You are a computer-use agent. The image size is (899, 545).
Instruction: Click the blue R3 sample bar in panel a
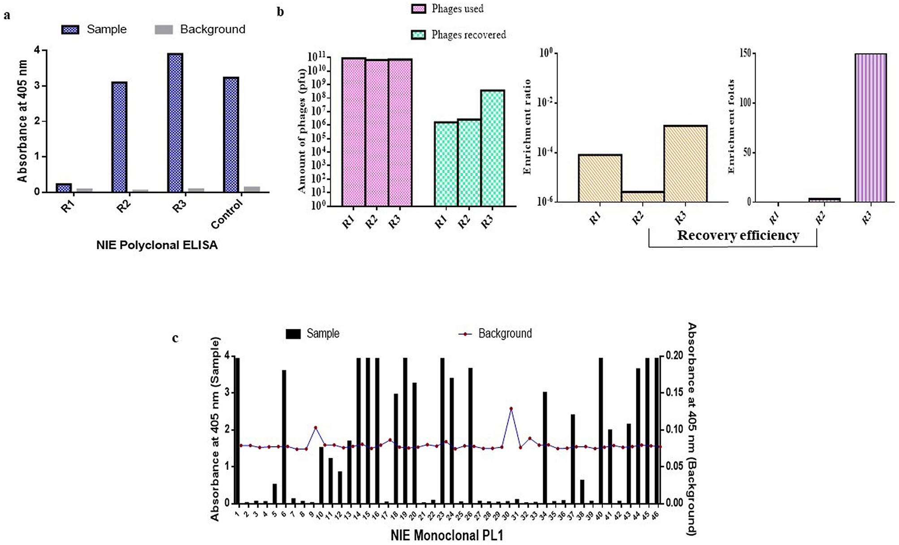coord(175,123)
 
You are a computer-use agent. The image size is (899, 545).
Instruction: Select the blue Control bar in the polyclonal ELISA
coord(231,134)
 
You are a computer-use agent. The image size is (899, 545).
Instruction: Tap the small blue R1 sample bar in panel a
coord(64,188)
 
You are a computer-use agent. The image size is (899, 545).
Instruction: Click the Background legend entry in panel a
coord(200,30)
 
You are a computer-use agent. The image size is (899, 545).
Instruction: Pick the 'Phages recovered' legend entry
coord(458,35)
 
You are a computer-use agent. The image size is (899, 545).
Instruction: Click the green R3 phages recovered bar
coord(493,148)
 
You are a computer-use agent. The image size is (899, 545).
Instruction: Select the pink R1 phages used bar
coord(354,132)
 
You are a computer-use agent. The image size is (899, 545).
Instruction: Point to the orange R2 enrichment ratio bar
coord(643,197)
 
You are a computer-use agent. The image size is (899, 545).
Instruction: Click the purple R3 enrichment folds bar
coord(870,128)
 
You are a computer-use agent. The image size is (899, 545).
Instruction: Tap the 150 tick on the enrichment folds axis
coord(745,53)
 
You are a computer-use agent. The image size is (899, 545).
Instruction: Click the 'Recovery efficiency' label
coord(738,235)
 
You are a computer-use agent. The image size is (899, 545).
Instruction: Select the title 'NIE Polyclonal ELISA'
coord(157,245)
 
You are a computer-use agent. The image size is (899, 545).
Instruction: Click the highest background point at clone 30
coord(511,409)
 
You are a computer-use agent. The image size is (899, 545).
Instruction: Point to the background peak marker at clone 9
coord(316,428)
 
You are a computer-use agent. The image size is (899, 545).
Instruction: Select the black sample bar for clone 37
coord(572,459)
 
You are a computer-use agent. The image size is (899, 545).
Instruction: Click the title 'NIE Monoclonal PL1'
coord(446,536)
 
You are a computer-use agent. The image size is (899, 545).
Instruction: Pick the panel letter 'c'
coord(175,338)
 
